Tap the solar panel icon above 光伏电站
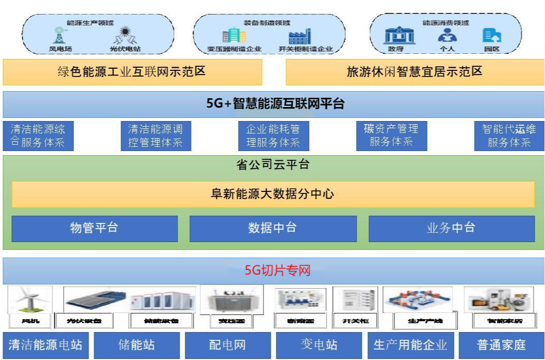coord(125,35)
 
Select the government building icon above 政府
coord(399,35)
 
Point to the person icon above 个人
coord(447,35)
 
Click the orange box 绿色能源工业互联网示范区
coord(132,72)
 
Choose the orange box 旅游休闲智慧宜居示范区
coord(415,72)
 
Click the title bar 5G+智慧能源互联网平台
coord(273,104)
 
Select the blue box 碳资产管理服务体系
coord(391,136)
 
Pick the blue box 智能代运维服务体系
coord(509,136)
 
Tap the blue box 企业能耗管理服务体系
coord(273,136)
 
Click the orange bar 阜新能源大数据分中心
coord(273,194)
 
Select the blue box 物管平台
coord(94,229)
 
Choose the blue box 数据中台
coord(273,229)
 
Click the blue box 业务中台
coord(451,229)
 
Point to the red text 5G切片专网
coord(278,271)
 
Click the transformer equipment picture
coord(231,299)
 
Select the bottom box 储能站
coord(137,345)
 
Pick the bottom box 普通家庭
coord(502,345)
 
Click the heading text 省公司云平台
coord(273,165)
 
